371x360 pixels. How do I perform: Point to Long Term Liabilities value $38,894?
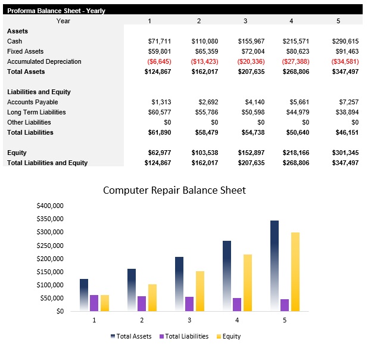coord(345,112)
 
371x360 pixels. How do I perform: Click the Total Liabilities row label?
coord(30,132)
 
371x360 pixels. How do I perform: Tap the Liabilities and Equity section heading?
coord(39,92)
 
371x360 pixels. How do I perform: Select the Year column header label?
coord(63,21)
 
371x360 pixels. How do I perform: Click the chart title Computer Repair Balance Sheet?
coord(174,191)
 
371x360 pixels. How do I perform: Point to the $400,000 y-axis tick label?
coord(50,206)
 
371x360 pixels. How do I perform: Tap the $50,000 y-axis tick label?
coord(52,298)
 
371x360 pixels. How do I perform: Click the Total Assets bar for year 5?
coord(275,265)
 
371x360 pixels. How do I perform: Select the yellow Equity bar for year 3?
coord(200,291)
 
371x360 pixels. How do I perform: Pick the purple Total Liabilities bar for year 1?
coord(94,303)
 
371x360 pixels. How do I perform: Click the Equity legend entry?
coord(227,336)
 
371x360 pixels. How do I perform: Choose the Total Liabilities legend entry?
coord(184,336)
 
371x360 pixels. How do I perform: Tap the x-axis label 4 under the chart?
coord(236,320)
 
